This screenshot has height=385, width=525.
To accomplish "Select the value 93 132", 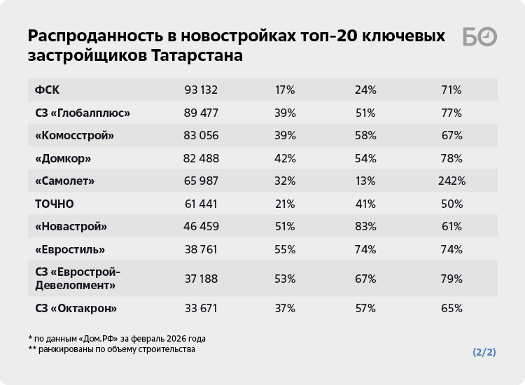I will coord(202,90).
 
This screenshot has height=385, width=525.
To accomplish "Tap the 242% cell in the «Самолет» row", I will coord(451,181).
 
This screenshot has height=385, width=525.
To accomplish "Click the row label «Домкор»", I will coord(63,158).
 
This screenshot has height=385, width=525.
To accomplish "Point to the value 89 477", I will coord(202,113).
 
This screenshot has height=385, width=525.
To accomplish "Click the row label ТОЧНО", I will coord(55,204).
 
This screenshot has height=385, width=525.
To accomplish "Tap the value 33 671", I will coord(202,308).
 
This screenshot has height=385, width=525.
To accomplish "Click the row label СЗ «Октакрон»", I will coord(76,308).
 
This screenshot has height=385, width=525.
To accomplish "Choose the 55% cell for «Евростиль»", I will coord(285,249).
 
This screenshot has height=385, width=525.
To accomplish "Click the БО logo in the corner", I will coord(479,38).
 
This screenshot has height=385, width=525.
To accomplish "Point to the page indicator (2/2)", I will coord(484,352).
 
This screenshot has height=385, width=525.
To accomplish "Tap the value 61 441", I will coord(202,204).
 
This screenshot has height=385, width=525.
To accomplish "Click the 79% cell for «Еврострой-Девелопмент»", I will coord(451,279).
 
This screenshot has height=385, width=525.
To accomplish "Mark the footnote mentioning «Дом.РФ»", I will coord(117,338).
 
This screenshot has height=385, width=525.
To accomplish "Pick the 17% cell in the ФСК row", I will coord(285,90).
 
